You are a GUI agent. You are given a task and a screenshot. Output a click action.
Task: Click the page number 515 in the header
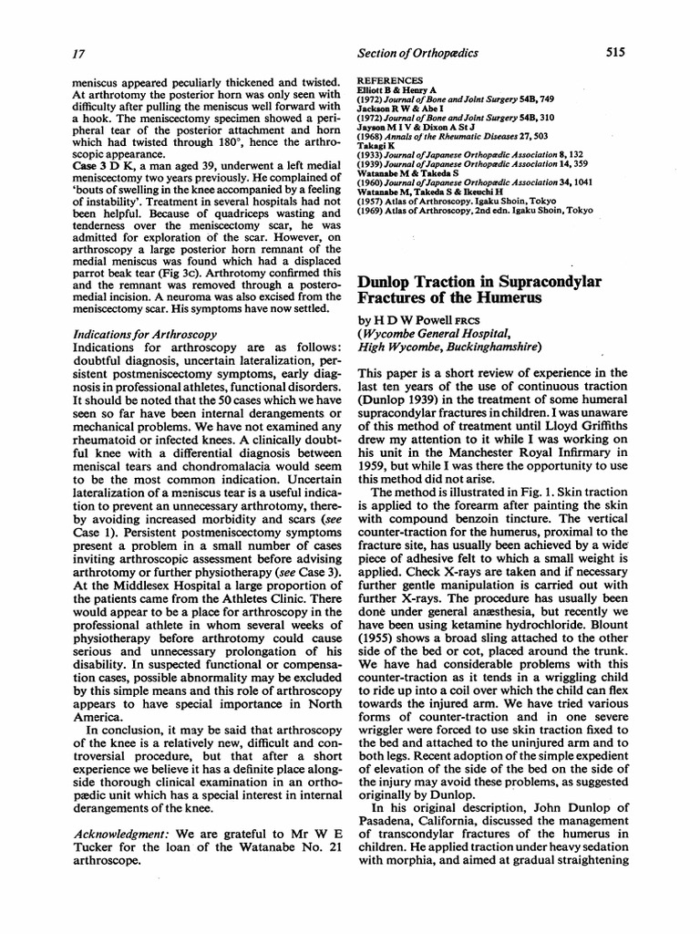tap(614, 53)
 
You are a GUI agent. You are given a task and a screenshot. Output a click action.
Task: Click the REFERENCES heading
tap(391, 79)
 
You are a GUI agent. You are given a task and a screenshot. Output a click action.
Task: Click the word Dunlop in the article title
tap(390, 283)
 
